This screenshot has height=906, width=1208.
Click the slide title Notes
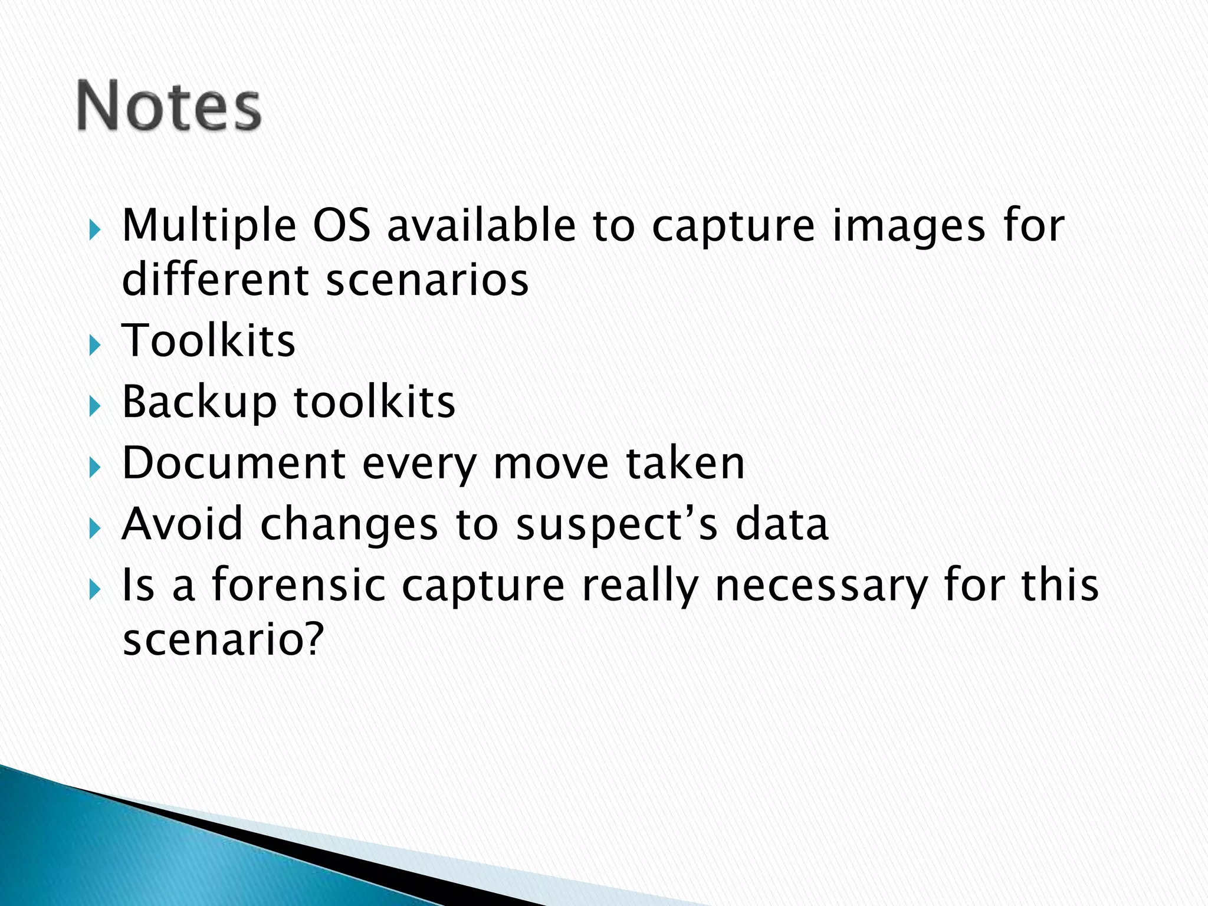tap(169, 106)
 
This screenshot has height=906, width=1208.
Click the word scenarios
tap(427, 280)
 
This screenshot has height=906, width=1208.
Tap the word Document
tap(234, 463)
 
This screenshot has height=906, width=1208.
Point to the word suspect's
tap(617, 525)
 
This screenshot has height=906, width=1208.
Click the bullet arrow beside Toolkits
tap(94, 344)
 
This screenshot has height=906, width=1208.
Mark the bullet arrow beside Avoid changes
tap(94, 527)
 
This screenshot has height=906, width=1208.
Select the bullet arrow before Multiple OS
tap(94, 229)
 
